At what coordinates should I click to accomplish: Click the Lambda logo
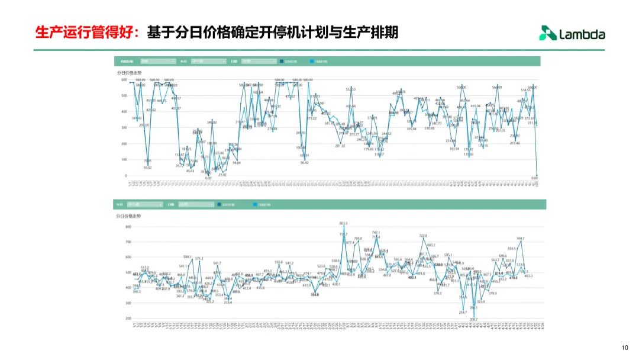click(x=572, y=34)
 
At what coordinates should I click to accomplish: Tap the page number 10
click(x=625, y=348)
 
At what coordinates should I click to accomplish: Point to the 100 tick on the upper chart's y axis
click(x=124, y=159)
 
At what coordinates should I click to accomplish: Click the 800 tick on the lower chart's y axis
click(x=128, y=227)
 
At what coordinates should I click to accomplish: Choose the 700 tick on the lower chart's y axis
click(x=128, y=242)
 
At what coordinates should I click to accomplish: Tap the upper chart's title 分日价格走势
click(x=128, y=72)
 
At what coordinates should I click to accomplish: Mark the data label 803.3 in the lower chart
click(x=343, y=223)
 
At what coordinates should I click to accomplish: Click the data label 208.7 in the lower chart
click(x=473, y=320)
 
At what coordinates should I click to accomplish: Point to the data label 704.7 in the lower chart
click(x=520, y=239)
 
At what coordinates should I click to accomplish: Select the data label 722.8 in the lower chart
click(x=423, y=236)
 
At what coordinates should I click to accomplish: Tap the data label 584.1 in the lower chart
click(x=188, y=257)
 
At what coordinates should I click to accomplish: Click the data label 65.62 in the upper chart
click(x=147, y=168)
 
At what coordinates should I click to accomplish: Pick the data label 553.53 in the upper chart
click(x=351, y=89)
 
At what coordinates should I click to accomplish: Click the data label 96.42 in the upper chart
click(x=304, y=162)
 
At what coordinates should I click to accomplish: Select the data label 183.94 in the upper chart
click(x=454, y=149)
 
